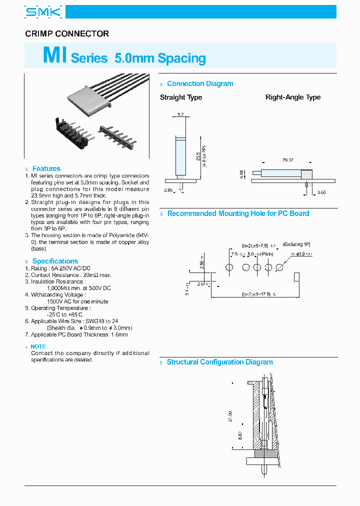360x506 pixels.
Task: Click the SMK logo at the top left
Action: tap(43, 12)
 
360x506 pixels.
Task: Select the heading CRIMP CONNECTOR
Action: tap(67, 34)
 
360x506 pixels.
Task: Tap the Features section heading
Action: tap(46, 168)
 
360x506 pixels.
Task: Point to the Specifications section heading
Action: tap(55, 261)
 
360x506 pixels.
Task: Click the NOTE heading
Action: tap(38, 346)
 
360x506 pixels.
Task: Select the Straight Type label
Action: tap(181, 97)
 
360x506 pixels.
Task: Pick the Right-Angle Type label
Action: tap(293, 97)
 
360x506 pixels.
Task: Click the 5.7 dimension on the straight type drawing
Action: tap(180, 115)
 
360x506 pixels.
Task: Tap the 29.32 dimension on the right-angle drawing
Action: tap(287, 160)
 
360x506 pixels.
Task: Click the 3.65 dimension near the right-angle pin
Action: tap(322, 192)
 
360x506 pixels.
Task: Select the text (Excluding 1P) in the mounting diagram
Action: tap(296, 244)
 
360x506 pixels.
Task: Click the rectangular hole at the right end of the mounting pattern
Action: tap(297, 276)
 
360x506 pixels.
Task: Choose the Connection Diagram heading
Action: tap(200, 84)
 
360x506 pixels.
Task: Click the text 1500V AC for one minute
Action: tap(77, 301)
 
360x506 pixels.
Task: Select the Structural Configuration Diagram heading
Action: tap(219, 362)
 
